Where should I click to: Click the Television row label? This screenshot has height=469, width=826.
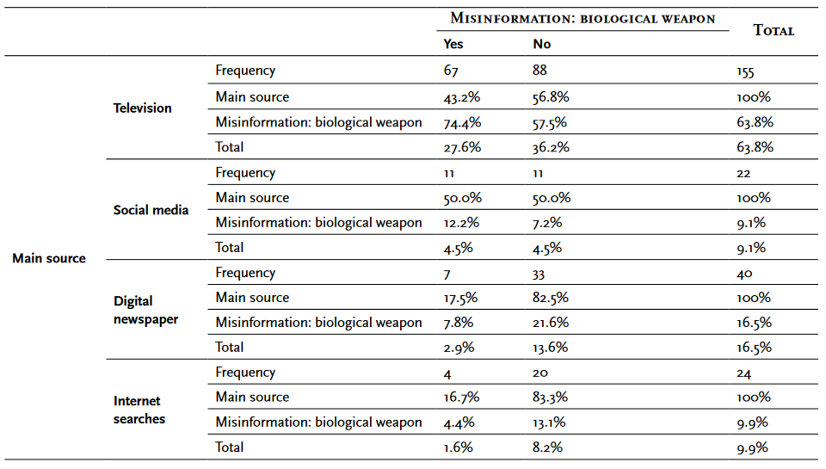point(143,108)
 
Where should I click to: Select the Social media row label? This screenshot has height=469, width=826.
point(151,210)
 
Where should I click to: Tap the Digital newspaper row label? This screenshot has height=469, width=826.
point(145,310)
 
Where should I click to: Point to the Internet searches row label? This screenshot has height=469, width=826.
point(139,410)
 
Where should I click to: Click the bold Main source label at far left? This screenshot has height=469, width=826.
point(49,258)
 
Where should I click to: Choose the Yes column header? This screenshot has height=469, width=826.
point(453,44)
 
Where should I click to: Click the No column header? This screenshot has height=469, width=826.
point(541,44)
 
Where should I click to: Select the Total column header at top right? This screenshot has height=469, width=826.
point(774,30)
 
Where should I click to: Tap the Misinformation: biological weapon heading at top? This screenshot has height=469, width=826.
point(583,19)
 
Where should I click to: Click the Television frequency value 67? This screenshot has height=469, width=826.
point(452,71)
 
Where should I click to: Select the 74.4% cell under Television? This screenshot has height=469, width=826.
point(461,122)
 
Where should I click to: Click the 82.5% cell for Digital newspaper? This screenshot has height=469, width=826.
point(551,298)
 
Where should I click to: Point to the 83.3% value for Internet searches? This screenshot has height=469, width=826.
point(551,398)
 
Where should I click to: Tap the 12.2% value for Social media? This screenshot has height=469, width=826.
point(461,223)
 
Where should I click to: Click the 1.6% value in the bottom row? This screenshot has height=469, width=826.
point(458,447)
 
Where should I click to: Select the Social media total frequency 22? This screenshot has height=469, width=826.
point(745,173)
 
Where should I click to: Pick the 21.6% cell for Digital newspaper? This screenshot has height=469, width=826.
point(550,323)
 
